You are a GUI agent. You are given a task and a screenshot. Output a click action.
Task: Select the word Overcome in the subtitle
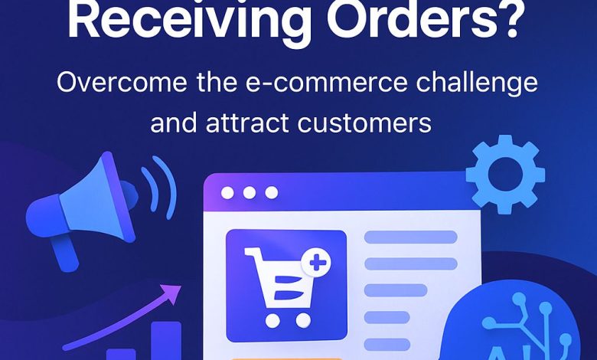click(122, 82)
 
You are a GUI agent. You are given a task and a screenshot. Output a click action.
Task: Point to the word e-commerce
click(326, 82)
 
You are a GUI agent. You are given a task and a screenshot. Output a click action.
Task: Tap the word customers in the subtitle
click(364, 123)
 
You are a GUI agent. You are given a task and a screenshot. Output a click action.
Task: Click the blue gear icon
click(505, 174)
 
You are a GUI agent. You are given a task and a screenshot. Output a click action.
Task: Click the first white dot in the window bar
click(227, 193)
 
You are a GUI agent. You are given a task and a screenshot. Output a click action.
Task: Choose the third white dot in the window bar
click(272, 193)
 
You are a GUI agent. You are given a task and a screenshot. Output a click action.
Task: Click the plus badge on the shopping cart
click(315, 263)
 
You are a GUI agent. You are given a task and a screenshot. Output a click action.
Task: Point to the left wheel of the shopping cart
click(272, 320)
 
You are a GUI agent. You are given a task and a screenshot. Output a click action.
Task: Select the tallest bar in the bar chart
click(166, 341)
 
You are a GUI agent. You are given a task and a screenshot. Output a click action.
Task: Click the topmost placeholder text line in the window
click(411, 237)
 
